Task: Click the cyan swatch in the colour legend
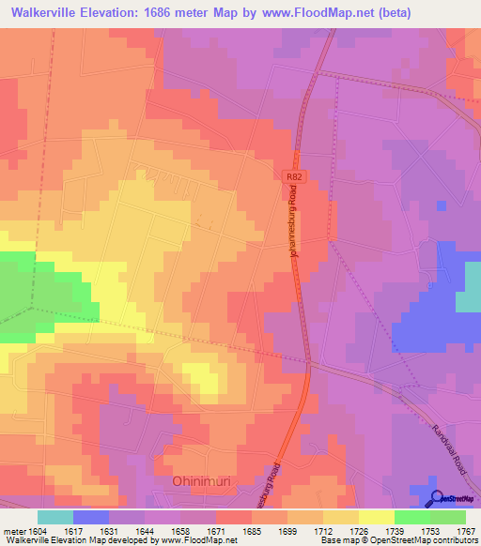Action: [x=55, y=517]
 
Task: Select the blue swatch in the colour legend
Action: [x=91, y=517]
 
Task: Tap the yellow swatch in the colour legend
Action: [x=377, y=517]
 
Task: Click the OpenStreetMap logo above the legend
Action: [x=450, y=498]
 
